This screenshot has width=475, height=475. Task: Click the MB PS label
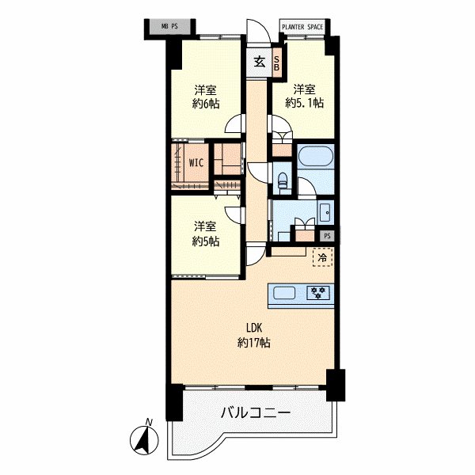[169, 26]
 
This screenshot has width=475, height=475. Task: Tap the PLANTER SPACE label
[304, 26]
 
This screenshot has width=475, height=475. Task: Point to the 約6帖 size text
[205, 104]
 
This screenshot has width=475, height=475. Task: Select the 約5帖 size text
[205, 241]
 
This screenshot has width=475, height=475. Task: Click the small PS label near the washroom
[327, 235]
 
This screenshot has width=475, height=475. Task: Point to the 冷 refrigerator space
[322, 256]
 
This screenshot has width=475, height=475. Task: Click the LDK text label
[253, 329]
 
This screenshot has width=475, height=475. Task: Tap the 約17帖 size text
[253, 343]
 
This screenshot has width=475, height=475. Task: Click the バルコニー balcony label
[256, 413]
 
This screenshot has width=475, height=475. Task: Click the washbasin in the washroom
[325, 211]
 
